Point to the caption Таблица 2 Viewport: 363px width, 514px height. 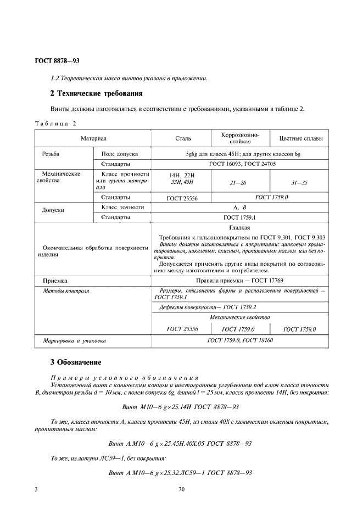[x=55, y=123]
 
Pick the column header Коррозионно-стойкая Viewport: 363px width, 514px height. [x=240, y=138]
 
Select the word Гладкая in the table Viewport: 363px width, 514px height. [x=239, y=227]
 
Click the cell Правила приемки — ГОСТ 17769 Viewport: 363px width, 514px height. [x=240, y=281]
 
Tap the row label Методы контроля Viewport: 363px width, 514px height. [x=65, y=290]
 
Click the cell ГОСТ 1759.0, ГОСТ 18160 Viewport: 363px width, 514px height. [x=240, y=341]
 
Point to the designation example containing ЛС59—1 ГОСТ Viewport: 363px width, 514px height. [x=180, y=473]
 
